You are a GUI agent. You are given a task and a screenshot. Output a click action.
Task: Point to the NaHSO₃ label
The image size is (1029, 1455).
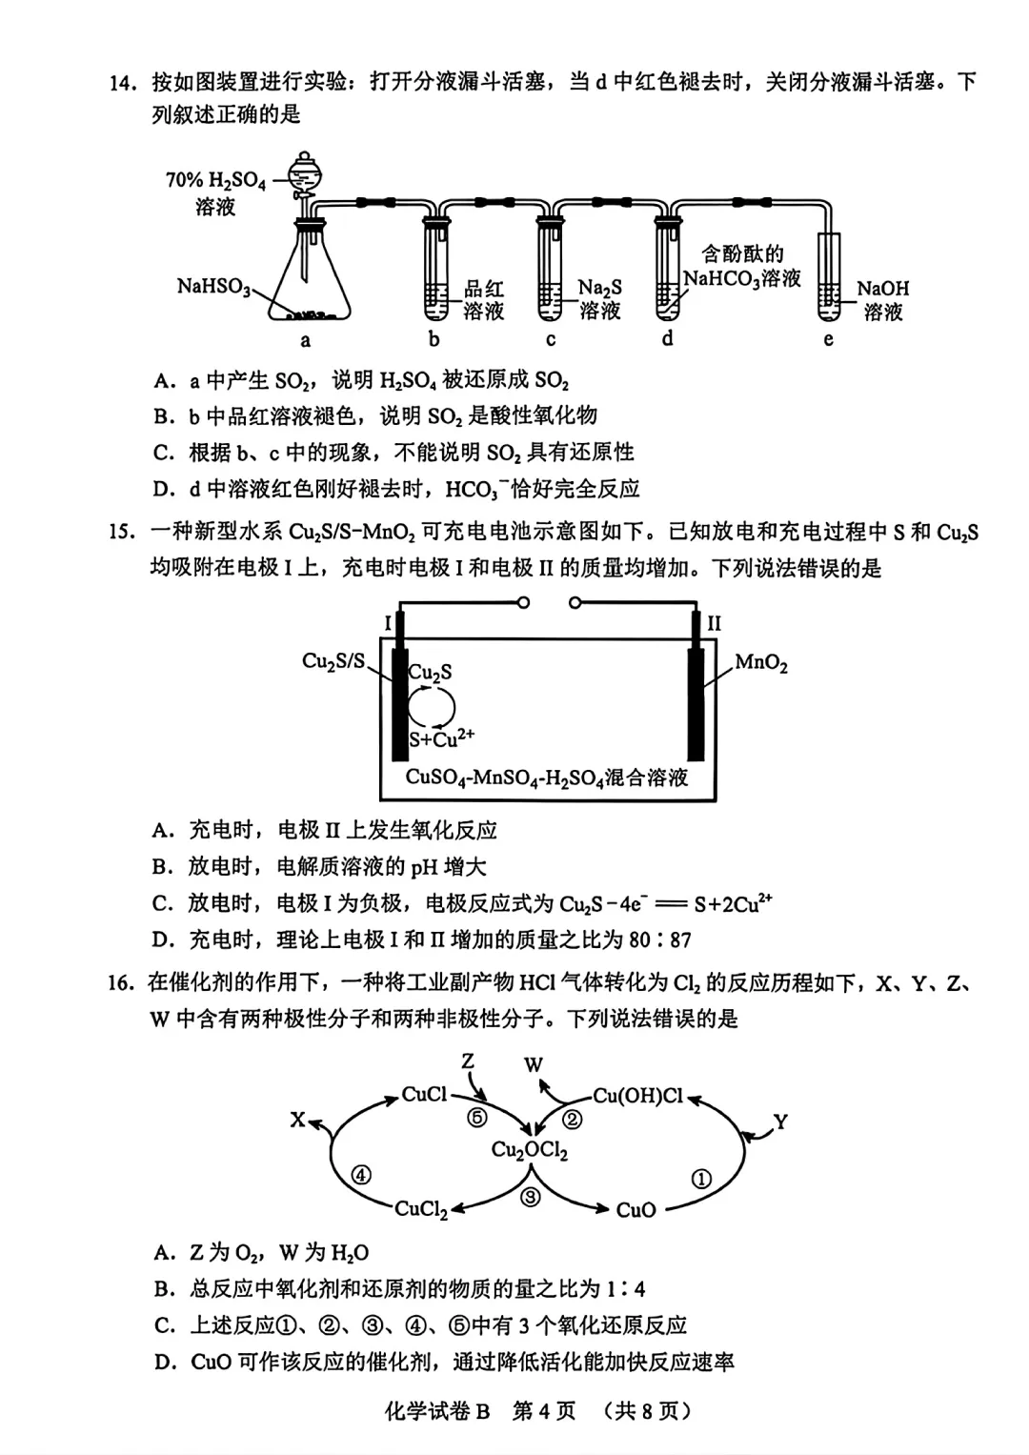tap(213, 286)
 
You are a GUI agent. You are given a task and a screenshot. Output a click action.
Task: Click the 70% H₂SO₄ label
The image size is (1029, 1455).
tap(215, 180)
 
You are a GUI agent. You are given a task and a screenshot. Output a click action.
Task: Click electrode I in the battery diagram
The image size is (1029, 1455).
tap(400, 691)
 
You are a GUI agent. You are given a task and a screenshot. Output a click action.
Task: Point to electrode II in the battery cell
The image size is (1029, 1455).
tap(696, 691)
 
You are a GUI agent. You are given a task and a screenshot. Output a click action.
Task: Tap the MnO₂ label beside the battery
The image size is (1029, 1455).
tap(761, 662)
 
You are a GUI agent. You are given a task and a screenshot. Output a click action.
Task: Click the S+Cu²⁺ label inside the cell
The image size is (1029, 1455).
tap(441, 738)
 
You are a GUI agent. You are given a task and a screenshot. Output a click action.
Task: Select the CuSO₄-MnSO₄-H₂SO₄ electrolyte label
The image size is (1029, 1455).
tap(547, 778)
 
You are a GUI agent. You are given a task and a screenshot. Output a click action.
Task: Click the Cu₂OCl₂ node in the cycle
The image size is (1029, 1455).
tap(530, 1150)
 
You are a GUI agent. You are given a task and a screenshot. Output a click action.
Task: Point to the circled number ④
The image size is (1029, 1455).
tap(361, 1175)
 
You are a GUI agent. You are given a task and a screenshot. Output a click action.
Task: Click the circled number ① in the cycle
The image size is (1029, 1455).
tap(701, 1179)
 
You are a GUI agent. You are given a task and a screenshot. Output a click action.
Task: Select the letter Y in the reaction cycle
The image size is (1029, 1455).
tap(780, 1122)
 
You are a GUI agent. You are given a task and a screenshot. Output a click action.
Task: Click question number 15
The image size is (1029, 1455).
tap(121, 532)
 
